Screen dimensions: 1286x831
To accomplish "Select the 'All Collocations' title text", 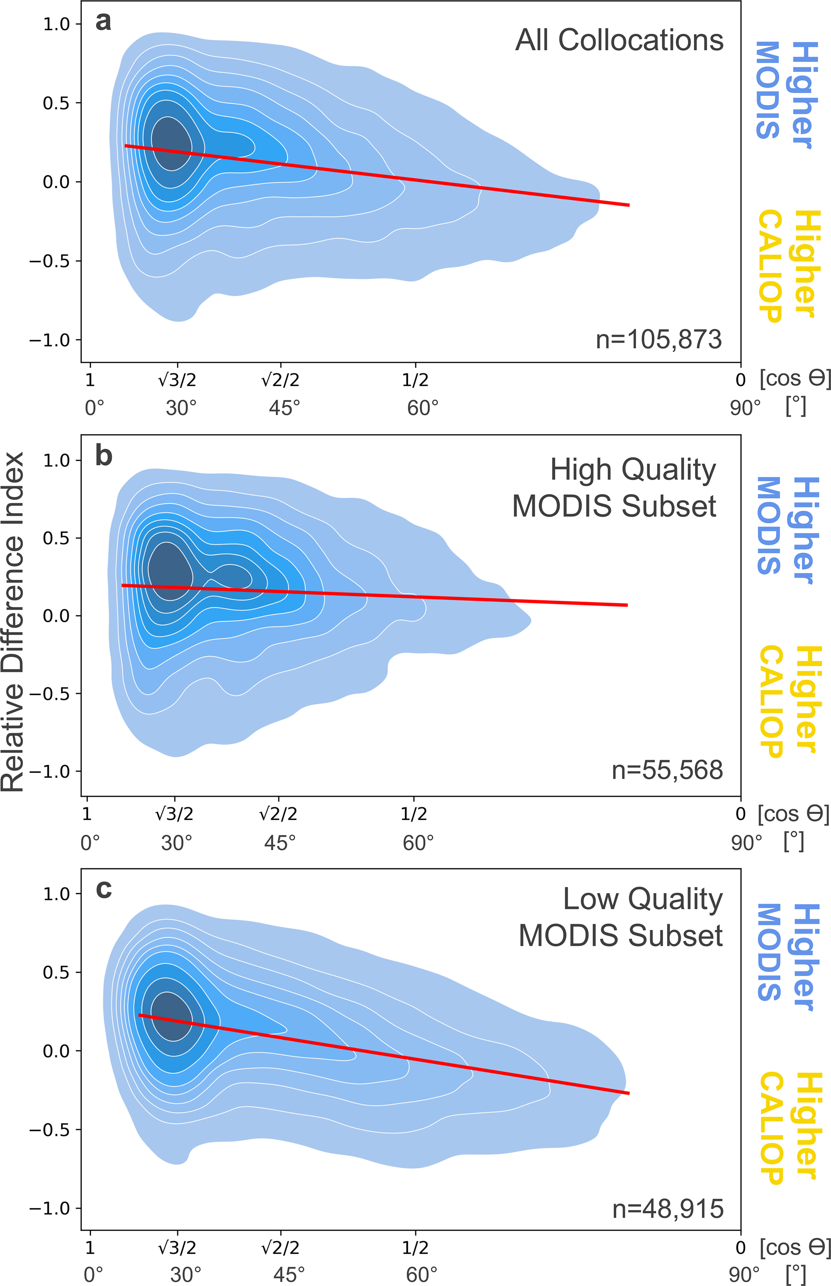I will pyautogui.click(x=619, y=41).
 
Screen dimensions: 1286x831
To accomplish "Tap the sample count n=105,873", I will pyautogui.click(x=658, y=339).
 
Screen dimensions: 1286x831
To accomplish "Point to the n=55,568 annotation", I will pyautogui.click(x=667, y=770).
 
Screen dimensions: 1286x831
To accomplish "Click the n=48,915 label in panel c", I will pyautogui.click(x=667, y=1209).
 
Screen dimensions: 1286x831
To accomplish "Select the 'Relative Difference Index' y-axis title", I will pyautogui.click(x=13, y=622).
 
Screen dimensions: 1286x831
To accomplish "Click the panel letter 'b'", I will pyautogui.click(x=104, y=456).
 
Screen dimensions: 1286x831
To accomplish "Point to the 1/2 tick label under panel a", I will pyautogui.click(x=415, y=380).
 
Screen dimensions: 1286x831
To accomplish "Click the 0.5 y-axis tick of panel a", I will pyautogui.click(x=56, y=103).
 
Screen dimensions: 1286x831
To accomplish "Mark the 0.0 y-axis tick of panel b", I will pyautogui.click(x=56, y=616).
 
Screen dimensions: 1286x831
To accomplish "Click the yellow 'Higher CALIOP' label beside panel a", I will pyautogui.click(x=790, y=265).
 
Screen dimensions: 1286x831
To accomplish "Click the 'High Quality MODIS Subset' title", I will pyautogui.click(x=614, y=488).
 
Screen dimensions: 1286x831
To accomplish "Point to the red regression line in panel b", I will pyautogui.click(x=378, y=595).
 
